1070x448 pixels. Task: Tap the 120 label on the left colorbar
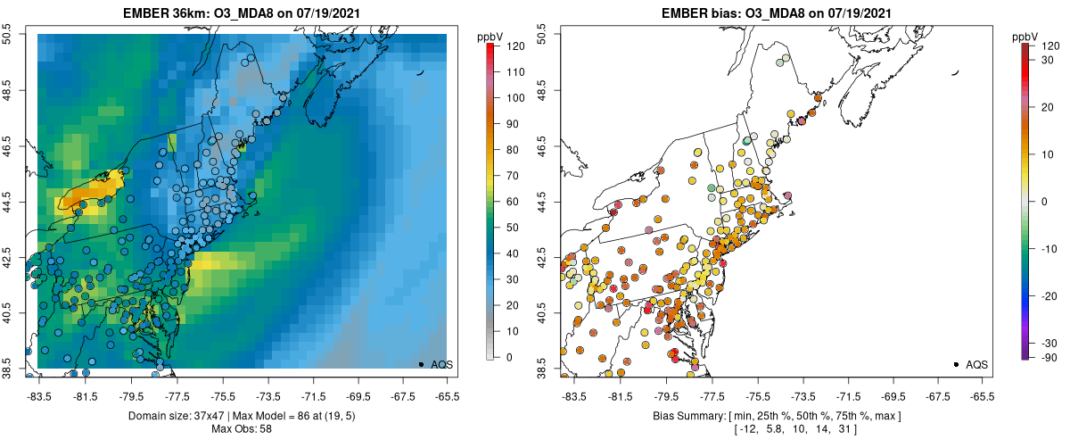(x=515, y=46)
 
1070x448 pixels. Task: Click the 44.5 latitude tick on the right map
(x=542, y=201)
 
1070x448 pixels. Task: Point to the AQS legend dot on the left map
(x=421, y=364)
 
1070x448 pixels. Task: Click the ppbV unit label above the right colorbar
(x=1026, y=37)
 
